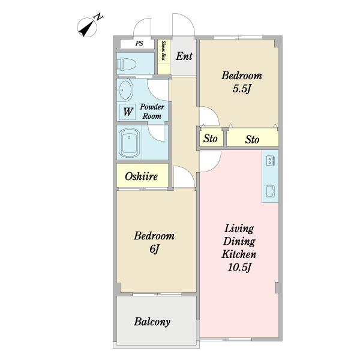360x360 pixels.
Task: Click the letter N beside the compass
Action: (99, 17)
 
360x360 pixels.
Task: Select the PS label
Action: (139, 43)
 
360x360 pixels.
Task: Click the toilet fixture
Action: (127, 64)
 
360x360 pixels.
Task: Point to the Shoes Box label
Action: (164, 50)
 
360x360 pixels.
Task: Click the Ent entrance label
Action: (184, 56)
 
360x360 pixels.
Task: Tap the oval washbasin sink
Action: (125, 90)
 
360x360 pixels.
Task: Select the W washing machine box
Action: (128, 112)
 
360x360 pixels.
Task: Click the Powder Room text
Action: (152, 112)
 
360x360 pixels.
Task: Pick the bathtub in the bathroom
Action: (129, 143)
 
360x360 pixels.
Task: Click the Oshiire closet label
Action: (142, 176)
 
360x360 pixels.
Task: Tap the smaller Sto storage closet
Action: (211, 139)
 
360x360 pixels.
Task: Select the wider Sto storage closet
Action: (253, 139)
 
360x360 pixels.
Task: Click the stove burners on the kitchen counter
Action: (270, 160)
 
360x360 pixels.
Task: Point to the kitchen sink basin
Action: (270, 191)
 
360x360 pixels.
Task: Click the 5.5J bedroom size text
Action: (241, 89)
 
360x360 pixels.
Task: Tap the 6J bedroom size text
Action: (154, 249)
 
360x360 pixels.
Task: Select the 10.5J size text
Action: (239, 267)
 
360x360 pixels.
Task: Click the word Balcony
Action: (152, 322)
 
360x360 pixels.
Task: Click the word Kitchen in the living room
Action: (239, 254)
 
